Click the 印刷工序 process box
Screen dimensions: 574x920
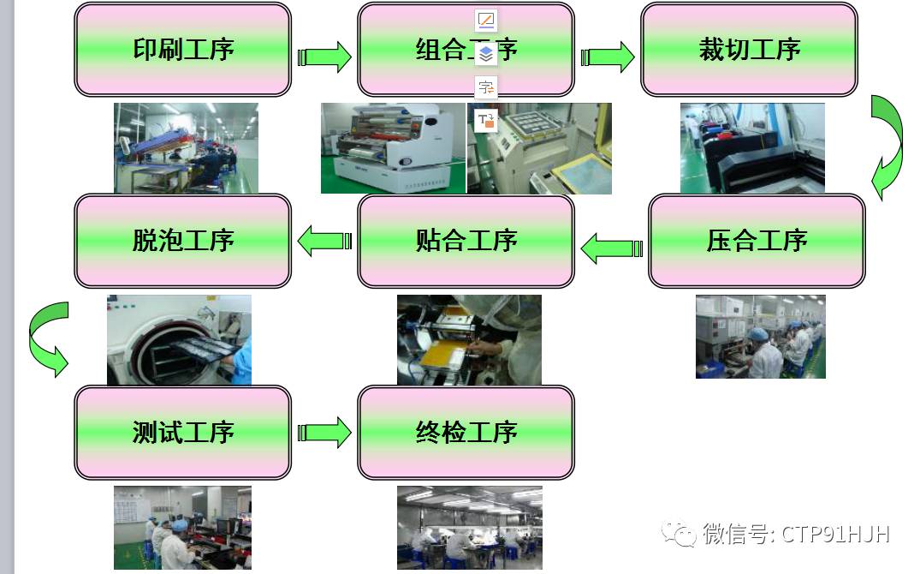tap(183, 50)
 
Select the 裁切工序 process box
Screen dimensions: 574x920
tap(749, 50)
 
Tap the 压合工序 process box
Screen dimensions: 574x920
tap(757, 242)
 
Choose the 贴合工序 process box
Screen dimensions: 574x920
tap(466, 242)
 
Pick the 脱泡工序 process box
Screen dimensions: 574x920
tap(183, 242)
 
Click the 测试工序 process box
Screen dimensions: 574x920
tap(183, 433)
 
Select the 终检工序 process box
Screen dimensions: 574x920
tap(466, 433)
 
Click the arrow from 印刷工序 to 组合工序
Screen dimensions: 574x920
tap(324, 57)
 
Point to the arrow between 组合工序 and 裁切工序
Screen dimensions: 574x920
tap(608, 57)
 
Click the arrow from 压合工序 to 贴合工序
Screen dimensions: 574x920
tap(611, 248)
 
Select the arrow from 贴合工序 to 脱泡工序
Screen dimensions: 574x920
tap(324, 242)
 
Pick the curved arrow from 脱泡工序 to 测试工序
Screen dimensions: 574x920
tap(47, 339)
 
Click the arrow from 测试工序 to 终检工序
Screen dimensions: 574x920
tap(324, 433)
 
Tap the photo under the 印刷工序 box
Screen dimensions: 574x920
tap(186, 148)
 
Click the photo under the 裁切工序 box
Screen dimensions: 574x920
tap(752, 148)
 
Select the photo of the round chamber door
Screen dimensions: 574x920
tap(179, 340)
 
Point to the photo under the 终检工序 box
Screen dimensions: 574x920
tap(469, 529)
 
